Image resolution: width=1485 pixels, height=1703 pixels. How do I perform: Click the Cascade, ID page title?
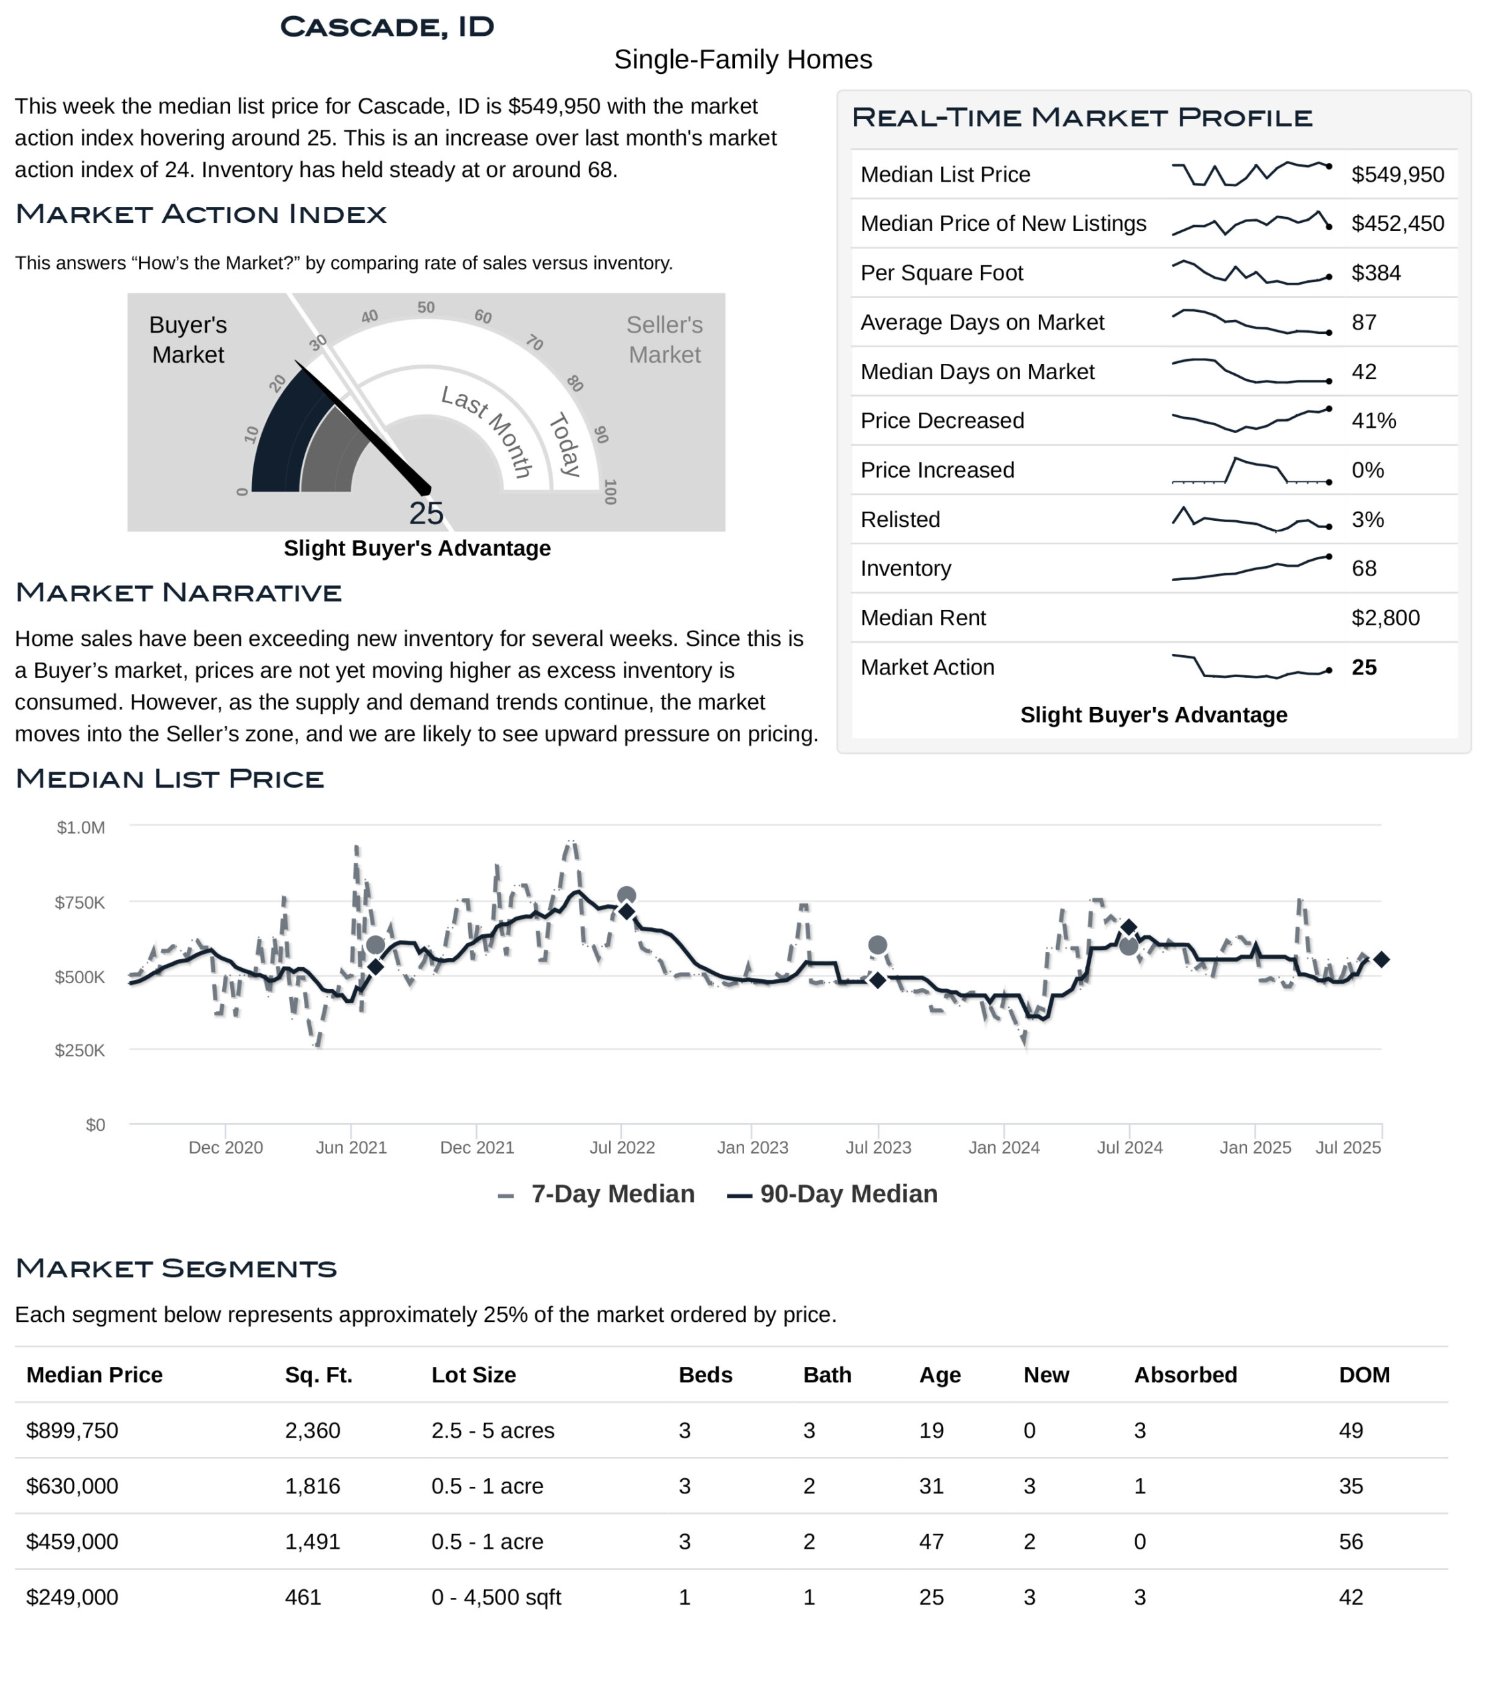point(387,27)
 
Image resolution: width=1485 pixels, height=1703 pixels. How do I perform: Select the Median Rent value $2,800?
point(1385,618)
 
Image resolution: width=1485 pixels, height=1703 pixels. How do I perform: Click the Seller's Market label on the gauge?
point(664,339)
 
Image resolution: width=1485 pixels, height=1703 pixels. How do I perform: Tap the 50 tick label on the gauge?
point(426,307)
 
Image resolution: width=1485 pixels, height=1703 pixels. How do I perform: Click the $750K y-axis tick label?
point(80,902)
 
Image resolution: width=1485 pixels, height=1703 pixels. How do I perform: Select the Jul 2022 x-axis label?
point(622,1148)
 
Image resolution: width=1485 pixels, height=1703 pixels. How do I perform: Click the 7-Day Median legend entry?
point(597,1194)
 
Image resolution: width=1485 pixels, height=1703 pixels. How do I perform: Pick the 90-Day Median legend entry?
point(833,1194)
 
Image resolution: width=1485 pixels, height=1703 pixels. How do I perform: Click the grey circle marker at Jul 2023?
point(878,945)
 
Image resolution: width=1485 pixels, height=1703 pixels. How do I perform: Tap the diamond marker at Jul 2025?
point(1381,959)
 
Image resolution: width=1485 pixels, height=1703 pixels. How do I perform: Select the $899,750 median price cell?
point(72,1430)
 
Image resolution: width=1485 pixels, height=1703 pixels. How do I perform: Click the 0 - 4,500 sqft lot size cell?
point(495,1597)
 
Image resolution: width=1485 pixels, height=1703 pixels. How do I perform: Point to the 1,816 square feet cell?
point(313,1485)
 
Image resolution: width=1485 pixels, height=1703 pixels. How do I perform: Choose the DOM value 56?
point(1351,1541)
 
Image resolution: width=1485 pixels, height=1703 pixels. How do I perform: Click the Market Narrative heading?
point(178,593)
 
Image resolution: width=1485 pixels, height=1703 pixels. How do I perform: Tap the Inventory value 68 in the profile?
point(1363,569)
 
